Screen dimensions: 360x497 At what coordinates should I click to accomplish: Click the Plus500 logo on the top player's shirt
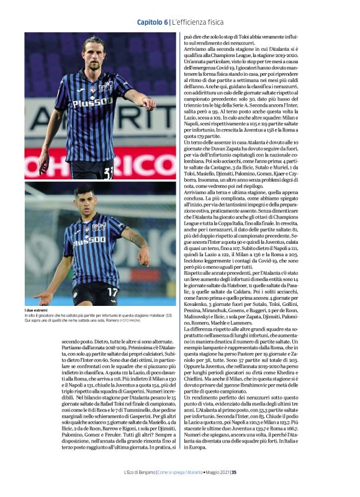(x=92, y=104)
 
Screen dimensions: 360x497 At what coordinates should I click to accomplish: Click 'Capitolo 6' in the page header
(x=152, y=22)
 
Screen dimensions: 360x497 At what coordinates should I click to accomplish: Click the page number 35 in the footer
(x=234, y=472)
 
